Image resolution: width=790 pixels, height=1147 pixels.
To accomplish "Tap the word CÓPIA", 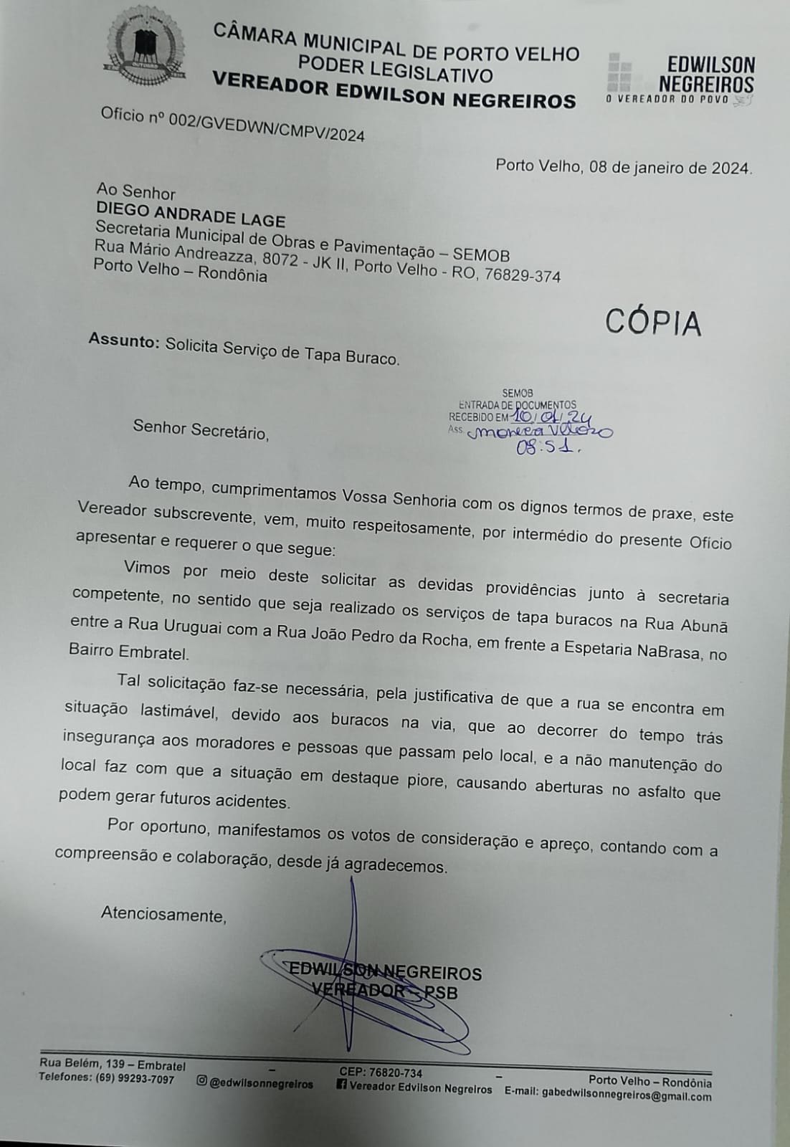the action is tap(652, 323).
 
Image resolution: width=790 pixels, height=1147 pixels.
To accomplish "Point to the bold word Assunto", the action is tap(123, 341).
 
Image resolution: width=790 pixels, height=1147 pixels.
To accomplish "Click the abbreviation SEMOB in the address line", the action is tap(480, 256).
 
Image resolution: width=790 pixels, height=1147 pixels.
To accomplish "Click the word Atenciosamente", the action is tap(163, 914).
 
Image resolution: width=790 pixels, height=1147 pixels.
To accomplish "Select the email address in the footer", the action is tap(627, 1095).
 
